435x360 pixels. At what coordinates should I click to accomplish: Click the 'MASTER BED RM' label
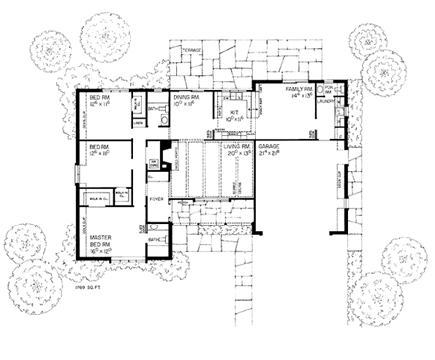[102, 242]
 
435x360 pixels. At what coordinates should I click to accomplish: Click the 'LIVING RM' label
[241, 146]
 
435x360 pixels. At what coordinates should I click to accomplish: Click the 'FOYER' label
[155, 196]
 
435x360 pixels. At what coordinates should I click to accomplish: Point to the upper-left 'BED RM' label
[96, 95]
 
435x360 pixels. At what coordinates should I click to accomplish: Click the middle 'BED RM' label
[96, 147]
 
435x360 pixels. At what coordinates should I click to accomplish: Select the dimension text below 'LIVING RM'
[241, 154]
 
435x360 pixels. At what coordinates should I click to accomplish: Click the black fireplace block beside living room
[167, 147]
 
